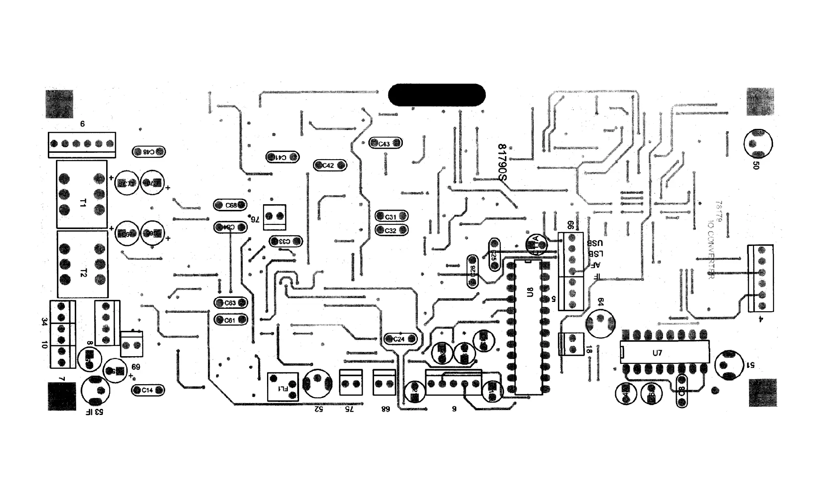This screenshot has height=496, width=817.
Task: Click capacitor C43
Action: click(385, 143)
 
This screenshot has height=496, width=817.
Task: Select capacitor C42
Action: click(330, 165)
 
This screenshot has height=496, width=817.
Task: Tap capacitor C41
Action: click(282, 157)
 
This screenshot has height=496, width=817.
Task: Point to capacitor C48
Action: click(149, 152)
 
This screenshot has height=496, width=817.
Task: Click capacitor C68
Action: click(230, 205)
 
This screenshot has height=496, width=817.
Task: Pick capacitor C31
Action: click(391, 216)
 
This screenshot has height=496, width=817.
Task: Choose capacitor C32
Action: click(391, 230)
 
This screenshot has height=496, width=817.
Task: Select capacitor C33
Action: click(286, 242)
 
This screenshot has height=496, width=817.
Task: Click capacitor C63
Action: click(230, 303)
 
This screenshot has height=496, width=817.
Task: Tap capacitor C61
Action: click(230, 320)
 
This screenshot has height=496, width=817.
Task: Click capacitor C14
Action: click(148, 390)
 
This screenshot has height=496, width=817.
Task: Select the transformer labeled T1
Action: click(82, 195)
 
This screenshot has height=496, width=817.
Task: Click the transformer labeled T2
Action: click(83, 264)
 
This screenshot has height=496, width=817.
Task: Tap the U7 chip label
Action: click(657, 353)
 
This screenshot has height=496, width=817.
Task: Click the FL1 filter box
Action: click(283, 387)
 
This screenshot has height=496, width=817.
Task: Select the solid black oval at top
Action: click(436, 95)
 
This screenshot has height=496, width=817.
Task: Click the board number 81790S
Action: click(503, 162)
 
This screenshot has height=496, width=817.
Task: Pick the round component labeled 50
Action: click(758, 144)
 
